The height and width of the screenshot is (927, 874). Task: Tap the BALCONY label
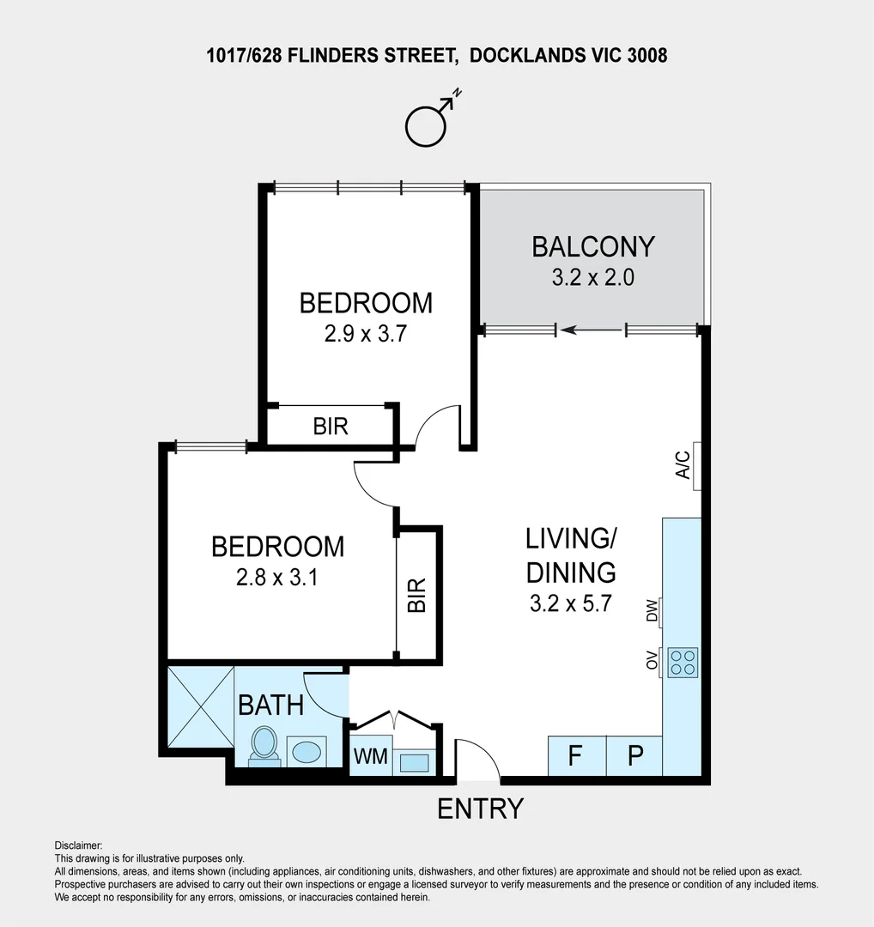(592, 246)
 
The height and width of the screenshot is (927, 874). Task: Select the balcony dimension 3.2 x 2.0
(592, 278)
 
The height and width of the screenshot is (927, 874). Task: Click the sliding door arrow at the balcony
(592, 330)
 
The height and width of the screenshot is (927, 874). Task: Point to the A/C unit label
(684, 464)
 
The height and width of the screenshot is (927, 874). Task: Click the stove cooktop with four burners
(683, 661)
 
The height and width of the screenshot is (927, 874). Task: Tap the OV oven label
(652, 661)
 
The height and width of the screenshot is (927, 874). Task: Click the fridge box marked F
(576, 756)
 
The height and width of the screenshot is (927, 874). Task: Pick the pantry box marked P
(635, 756)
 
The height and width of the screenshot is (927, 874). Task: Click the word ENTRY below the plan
(480, 809)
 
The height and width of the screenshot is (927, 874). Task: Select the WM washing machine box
(371, 758)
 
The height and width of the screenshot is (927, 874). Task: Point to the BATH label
(270, 706)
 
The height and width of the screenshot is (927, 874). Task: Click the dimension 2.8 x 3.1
(276, 579)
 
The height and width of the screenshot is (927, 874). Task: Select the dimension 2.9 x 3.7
(365, 334)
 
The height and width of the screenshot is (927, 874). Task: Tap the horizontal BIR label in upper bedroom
(331, 426)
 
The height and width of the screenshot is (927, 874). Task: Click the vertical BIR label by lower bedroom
(417, 595)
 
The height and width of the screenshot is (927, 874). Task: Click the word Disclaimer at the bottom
(78, 845)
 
